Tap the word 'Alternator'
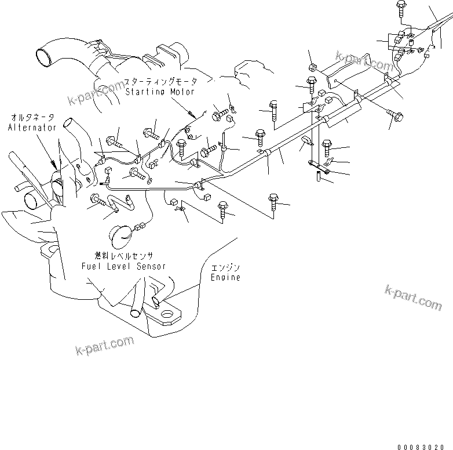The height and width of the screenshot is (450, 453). click(x=32, y=127)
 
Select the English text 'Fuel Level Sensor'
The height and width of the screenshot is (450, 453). click(x=123, y=266)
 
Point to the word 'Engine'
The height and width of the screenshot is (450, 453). click(x=225, y=278)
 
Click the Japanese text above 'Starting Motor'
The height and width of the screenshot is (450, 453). click(x=162, y=82)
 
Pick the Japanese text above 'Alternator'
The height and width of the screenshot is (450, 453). click(x=32, y=118)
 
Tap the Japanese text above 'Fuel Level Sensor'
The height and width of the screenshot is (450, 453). click(x=123, y=256)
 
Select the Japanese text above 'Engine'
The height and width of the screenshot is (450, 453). click(x=225, y=268)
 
